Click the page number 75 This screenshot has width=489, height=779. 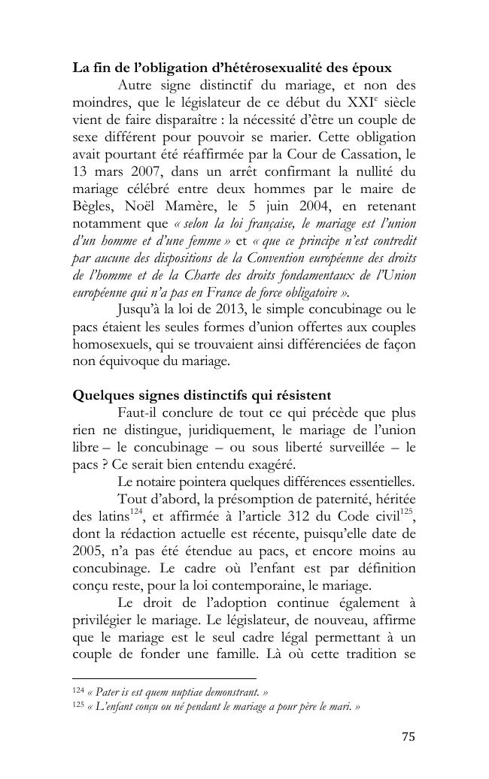[x=407, y=736]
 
